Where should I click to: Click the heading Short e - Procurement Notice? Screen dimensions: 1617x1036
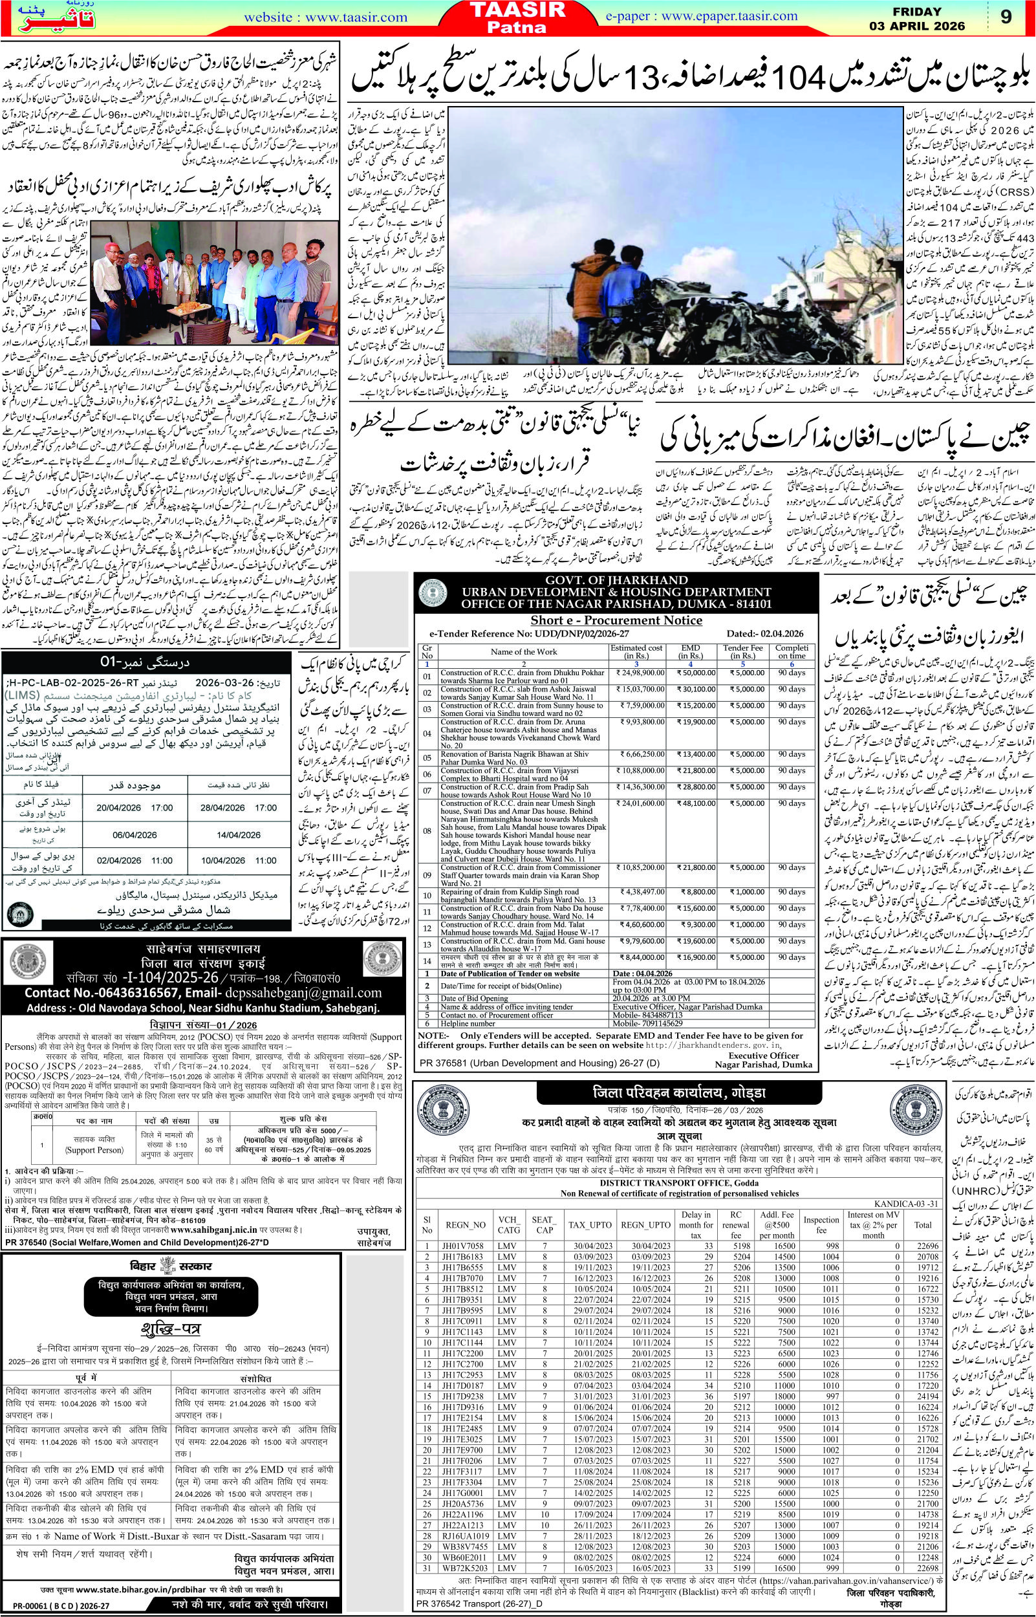click(x=616, y=622)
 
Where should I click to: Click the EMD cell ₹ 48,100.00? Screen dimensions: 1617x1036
click(x=702, y=835)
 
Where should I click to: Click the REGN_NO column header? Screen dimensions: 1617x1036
click(x=465, y=1206)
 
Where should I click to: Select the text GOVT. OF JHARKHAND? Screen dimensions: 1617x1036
click(x=616, y=580)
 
